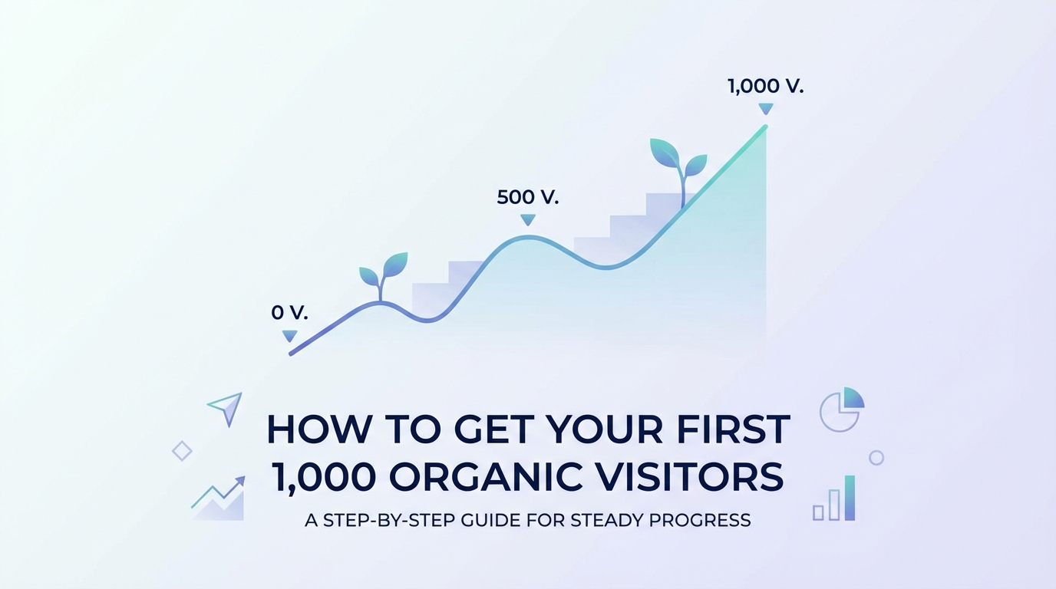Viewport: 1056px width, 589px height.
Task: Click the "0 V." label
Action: click(x=289, y=313)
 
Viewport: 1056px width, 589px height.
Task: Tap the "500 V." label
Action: click(x=527, y=197)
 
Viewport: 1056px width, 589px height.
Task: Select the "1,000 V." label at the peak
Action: click(x=765, y=87)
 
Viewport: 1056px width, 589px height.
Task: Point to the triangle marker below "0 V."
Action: click(x=289, y=336)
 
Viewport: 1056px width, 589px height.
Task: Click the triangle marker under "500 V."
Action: click(x=527, y=220)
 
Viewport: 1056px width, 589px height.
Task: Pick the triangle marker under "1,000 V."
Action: click(x=765, y=109)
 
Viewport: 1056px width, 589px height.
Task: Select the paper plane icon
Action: click(x=226, y=408)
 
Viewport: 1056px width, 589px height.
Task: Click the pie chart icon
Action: click(x=841, y=409)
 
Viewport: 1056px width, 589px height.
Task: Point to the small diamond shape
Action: click(x=182, y=450)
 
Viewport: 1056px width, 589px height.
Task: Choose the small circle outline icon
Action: click(x=876, y=458)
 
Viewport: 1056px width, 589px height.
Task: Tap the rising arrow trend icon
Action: click(x=219, y=499)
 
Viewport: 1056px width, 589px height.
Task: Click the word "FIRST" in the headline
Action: click(x=730, y=429)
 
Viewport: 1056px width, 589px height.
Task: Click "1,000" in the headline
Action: click(x=323, y=477)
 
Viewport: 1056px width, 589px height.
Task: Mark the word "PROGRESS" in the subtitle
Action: click(x=699, y=520)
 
